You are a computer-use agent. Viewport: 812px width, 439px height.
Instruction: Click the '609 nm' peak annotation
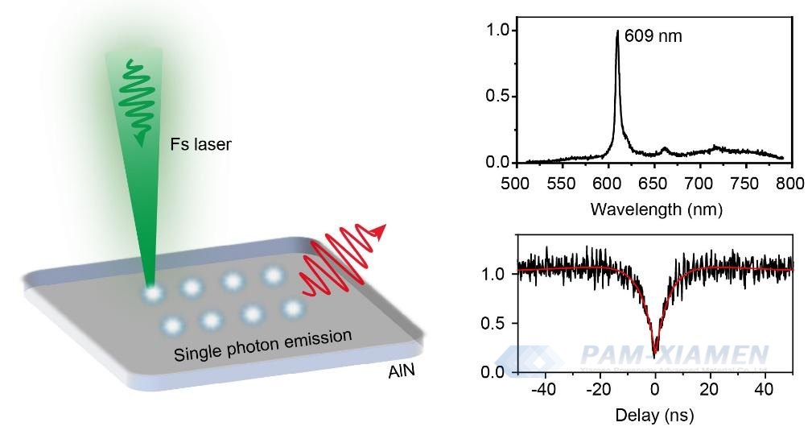click(x=653, y=35)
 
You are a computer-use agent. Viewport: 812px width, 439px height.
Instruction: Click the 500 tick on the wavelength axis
click(x=517, y=183)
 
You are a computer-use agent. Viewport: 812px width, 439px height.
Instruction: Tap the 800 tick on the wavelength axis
click(x=791, y=183)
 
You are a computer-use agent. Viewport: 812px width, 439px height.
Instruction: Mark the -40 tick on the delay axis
click(x=545, y=390)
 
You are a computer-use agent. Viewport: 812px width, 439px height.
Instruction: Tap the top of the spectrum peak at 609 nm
click(x=617, y=31)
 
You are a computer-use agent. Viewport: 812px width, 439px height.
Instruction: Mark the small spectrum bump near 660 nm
click(x=665, y=149)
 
